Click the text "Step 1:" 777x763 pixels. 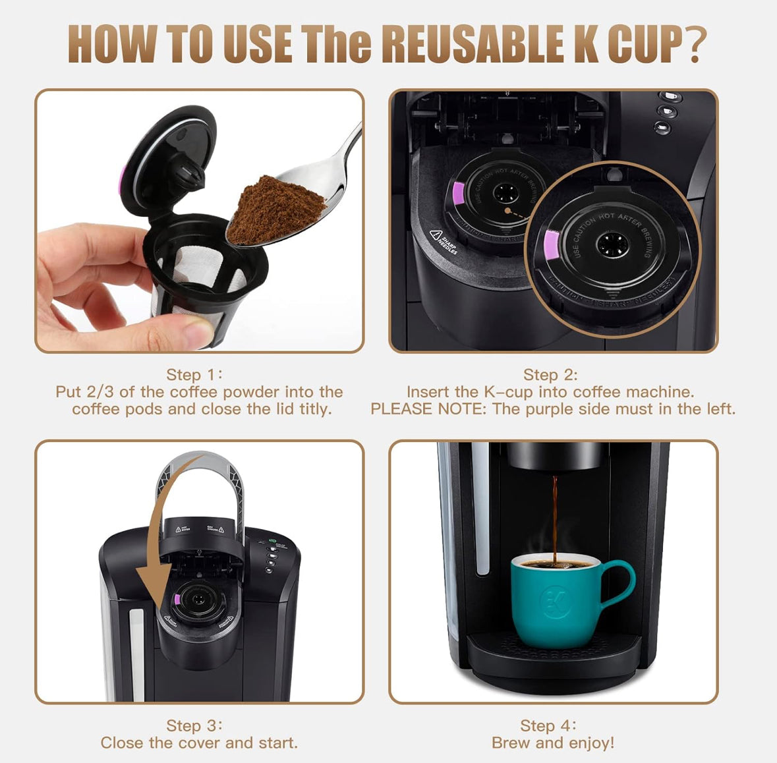[194, 375]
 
